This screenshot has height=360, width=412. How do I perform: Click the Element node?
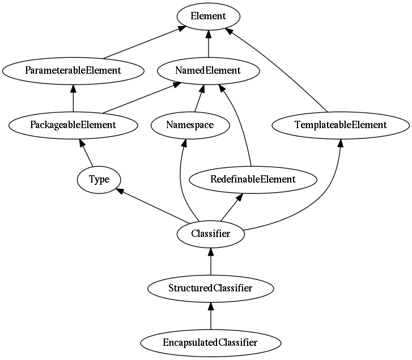pos(209,16)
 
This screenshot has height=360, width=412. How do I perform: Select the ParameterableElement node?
pos(73,71)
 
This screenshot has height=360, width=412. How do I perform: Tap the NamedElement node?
pos(209,71)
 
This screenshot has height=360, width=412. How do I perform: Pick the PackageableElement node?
pos(73,125)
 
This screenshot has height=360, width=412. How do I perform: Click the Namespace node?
pos(190,125)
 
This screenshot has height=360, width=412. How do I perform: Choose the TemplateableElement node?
pos(341,125)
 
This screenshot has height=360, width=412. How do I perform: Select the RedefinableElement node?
pos(253,179)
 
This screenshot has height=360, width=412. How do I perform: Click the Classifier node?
pos(210,234)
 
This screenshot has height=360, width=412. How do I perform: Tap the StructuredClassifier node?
pos(210,288)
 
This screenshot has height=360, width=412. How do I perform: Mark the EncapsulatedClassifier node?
pos(210,342)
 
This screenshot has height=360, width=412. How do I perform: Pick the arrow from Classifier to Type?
pos(153,206)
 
